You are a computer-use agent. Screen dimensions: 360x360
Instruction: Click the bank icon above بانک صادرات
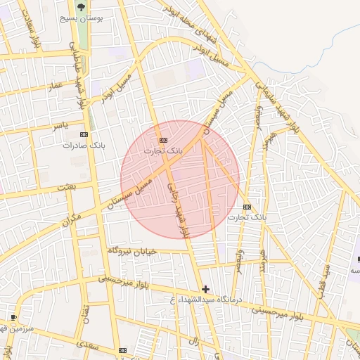tap(84, 134)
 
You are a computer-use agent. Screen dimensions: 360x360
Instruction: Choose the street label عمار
tap(55, 86)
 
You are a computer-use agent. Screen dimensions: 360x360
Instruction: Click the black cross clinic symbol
tap(205, 288)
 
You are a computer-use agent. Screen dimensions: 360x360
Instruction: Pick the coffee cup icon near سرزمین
tap(13, 317)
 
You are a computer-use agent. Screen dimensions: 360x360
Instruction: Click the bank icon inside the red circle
tap(163, 139)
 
